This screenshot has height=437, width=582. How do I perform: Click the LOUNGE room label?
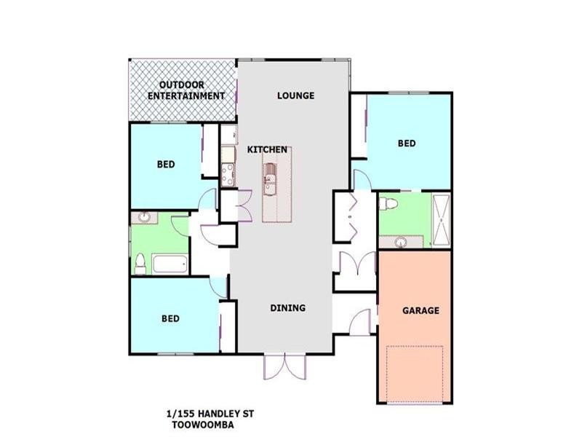(x=295, y=95)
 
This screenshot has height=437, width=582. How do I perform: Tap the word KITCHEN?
(x=267, y=149)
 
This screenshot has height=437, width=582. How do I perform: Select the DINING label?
(x=287, y=308)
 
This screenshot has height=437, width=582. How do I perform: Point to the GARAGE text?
(x=420, y=310)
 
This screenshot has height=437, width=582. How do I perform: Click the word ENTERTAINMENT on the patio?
(x=186, y=96)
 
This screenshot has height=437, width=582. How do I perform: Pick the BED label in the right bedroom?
(x=407, y=143)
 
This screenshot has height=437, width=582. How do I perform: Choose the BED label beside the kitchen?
(x=166, y=165)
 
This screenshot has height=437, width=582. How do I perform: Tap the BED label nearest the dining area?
(x=170, y=318)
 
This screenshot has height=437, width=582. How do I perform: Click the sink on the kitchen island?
(x=271, y=178)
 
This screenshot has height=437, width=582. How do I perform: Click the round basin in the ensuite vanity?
(x=402, y=241)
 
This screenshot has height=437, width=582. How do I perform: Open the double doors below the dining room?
(x=281, y=366)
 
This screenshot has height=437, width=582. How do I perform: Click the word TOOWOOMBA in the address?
(x=203, y=424)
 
